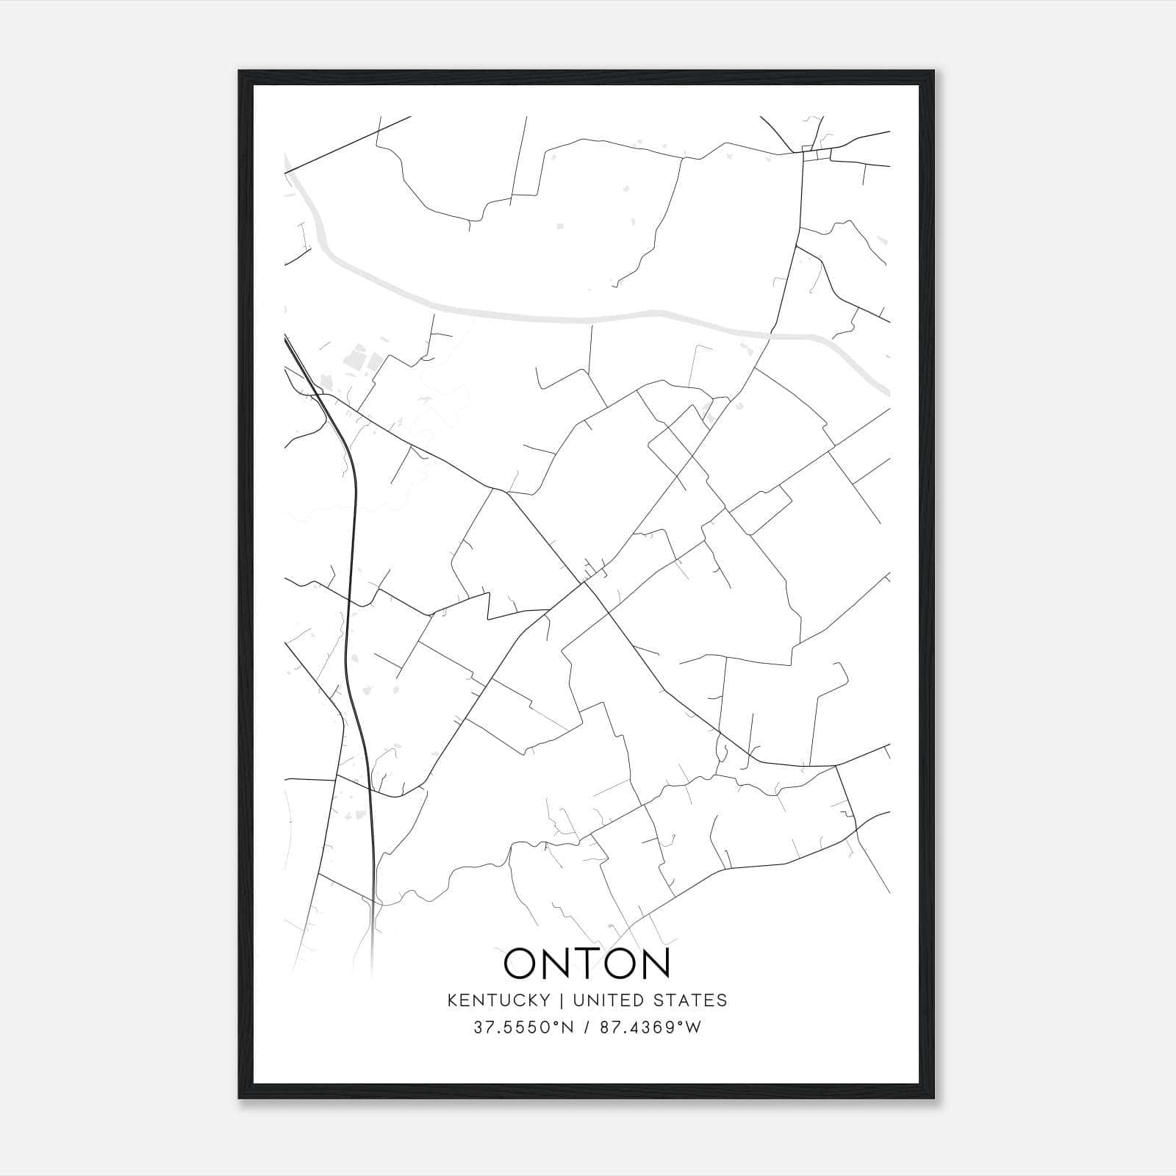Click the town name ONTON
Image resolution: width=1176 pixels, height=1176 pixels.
(587, 964)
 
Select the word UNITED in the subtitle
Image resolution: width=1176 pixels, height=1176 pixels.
(599, 1000)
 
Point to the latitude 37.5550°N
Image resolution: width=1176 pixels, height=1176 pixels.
(523, 1027)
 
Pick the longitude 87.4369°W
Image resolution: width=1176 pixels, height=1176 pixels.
(650, 1027)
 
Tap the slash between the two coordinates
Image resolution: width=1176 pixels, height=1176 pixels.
(586, 1027)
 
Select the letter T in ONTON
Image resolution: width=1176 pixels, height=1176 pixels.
(586, 964)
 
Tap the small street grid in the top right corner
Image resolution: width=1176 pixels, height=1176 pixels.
(816, 154)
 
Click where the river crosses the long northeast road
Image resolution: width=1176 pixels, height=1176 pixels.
(770, 335)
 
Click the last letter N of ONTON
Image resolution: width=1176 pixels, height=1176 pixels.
(652, 964)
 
